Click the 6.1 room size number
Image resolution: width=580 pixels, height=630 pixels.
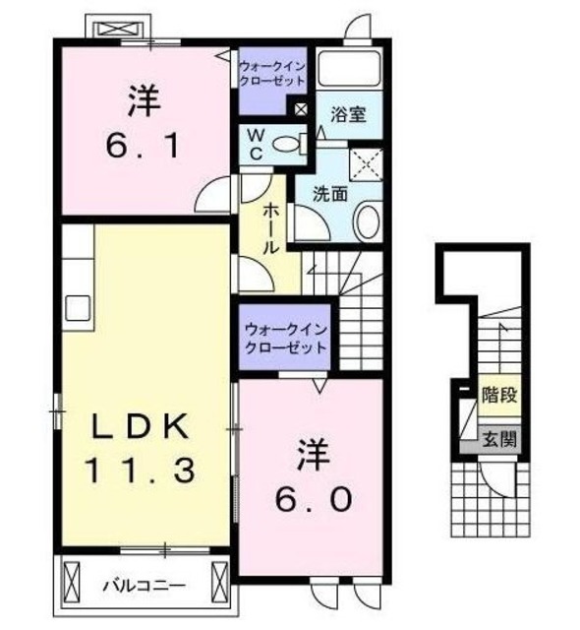(144, 148)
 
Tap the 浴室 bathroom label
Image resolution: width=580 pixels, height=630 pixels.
(349, 113)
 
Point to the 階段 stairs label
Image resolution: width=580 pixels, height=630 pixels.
(498, 396)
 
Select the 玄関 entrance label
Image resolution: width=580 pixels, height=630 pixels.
(498, 440)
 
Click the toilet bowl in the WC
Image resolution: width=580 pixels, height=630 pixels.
(288, 145)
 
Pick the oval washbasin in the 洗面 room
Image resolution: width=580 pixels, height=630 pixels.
(368, 220)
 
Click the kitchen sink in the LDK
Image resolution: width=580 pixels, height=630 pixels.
(79, 307)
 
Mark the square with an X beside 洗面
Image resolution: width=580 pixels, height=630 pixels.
(366, 162)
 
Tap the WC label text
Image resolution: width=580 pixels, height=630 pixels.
(253, 145)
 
